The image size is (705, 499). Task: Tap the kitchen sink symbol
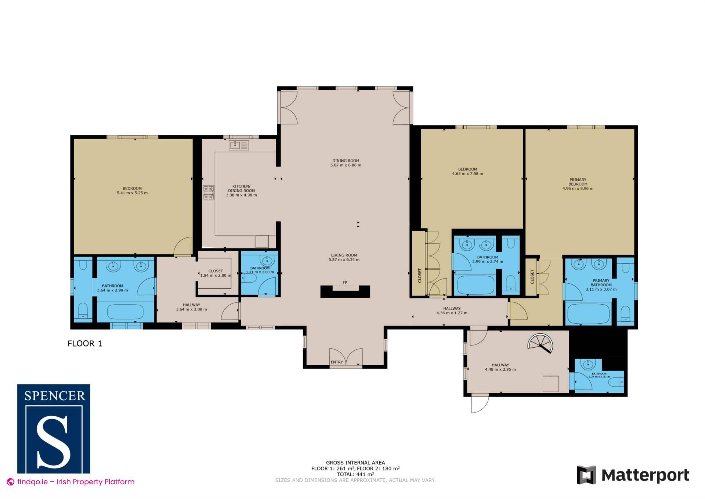pyautogui.click(x=239, y=145)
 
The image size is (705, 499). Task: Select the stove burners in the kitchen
pyautogui.click(x=209, y=193)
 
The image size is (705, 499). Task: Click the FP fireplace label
pyautogui.click(x=345, y=283)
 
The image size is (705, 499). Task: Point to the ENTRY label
pyautogui.click(x=337, y=362)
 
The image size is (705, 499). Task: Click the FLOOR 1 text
pyautogui.click(x=85, y=344)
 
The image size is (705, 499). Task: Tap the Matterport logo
pyautogui.click(x=633, y=475)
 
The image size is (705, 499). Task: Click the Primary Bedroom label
pyautogui.click(x=578, y=182)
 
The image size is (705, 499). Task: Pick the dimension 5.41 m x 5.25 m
pyautogui.click(x=132, y=193)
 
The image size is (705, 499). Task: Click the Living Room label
pyautogui.click(x=344, y=255)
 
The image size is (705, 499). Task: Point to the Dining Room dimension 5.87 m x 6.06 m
pyautogui.click(x=346, y=165)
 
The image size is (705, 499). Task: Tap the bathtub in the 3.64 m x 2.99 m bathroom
pyautogui.click(x=126, y=312)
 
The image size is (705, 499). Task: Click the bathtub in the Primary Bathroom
pyautogui.click(x=588, y=314)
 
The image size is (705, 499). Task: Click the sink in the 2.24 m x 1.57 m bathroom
pyautogui.click(x=588, y=365)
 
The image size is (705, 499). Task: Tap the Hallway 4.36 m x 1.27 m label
pyautogui.click(x=452, y=311)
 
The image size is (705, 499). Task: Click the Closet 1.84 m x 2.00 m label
pyautogui.click(x=216, y=273)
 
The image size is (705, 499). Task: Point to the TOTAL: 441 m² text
pyautogui.click(x=355, y=474)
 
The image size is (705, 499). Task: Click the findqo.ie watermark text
pyautogui.click(x=76, y=482)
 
